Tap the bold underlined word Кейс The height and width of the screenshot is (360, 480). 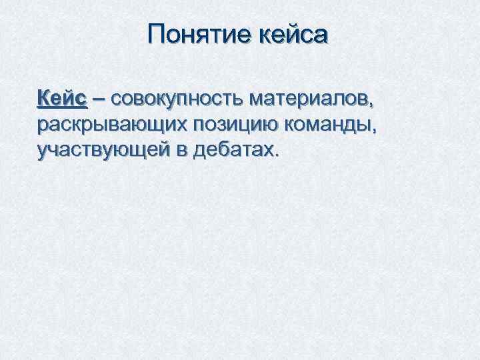(x=62, y=99)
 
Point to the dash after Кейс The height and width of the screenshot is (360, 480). (x=99, y=100)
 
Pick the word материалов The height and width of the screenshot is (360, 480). (x=307, y=100)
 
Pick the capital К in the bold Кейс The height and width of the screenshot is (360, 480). (x=45, y=99)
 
